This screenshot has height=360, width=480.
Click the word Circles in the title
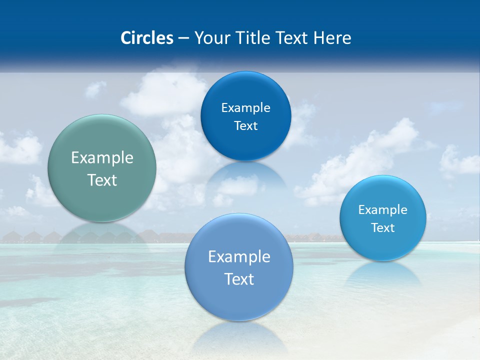pos(147,38)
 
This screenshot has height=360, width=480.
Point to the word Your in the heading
pos(209,38)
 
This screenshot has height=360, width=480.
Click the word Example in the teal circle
pos(102,158)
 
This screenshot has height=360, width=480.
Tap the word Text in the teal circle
pos(102,180)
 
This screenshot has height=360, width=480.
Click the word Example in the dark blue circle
pos(245,108)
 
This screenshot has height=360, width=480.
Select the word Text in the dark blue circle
pos(245,126)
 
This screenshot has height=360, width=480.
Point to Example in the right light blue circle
pos(382,210)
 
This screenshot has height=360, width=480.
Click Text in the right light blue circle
pos(382,228)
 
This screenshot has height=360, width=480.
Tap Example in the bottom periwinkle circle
pos(239,257)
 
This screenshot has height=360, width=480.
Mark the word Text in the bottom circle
pos(239,279)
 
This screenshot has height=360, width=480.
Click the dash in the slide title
pos(183,38)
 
